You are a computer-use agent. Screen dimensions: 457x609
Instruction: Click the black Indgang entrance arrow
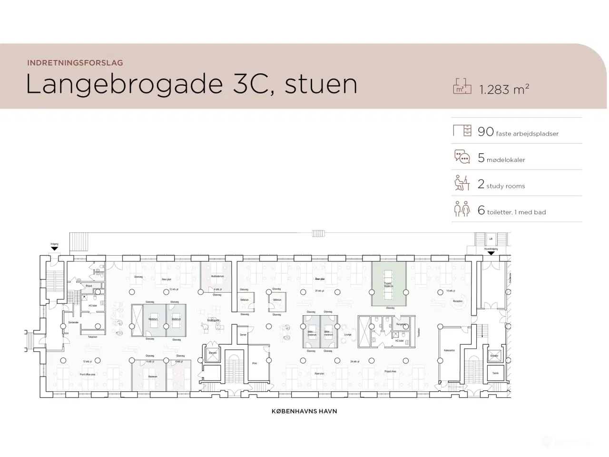pyautogui.click(x=54, y=248)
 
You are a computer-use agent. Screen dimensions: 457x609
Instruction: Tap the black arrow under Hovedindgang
pyautogui.click(x=491, y=253)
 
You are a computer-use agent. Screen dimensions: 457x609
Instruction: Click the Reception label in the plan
pyautogui.click(x=458, y=301)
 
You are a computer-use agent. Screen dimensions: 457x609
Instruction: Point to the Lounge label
pyautogui.click(x=347, y=335)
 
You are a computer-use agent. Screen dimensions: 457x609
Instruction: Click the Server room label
pyautogui.click(x=243, y=335)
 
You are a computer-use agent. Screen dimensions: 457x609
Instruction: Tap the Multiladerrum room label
pyautogui.click(x=217, y=276)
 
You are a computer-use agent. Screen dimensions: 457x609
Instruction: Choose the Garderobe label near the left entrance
pyautogui.click(x=73, y=322)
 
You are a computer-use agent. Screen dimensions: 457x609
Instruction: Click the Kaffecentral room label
pyautogui.click(x=449, y=350)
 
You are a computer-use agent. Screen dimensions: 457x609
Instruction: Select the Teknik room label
pyautogui.click(x=495, y=373)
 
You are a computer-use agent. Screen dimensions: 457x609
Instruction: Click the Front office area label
pyautogui.click(x=88, y=374)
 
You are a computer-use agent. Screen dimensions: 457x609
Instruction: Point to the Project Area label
pyautogui.click(x=390, y=371)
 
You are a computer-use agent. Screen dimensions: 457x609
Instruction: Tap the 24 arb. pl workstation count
pyautogui.click(x=354, y=361)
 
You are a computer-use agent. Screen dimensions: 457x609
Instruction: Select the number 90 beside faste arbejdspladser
pyautogui.click(x=486, y=132)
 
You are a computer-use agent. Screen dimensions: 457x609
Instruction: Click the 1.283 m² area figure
pyautogui.click(x=504, y=89)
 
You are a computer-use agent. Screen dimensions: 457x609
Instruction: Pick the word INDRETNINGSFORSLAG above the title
pyautogui.click(x=75, y=62)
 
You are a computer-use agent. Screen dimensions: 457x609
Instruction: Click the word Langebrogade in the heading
pyautogui.click(x=124, y=84)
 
